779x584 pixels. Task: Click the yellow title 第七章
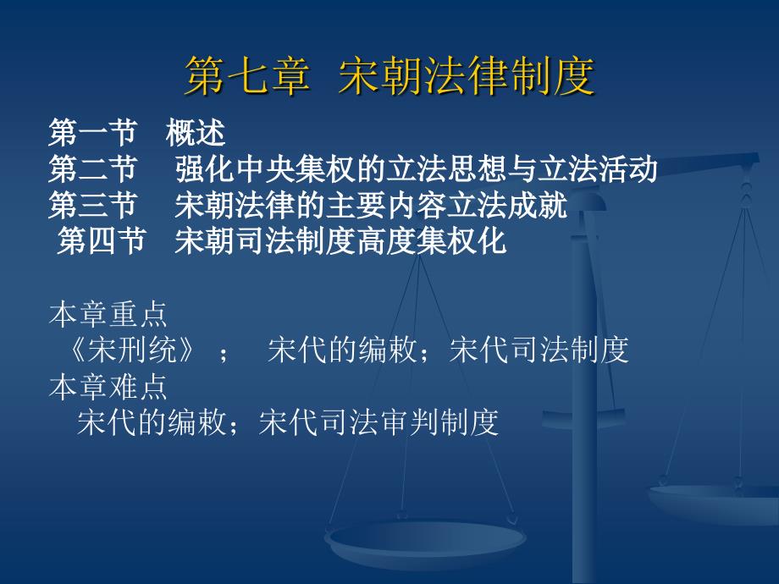click(247, 76)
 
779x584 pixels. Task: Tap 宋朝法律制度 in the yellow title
click(467, 76)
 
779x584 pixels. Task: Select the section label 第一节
click(92, 133)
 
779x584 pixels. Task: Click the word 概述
click(196, 133)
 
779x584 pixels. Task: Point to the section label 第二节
click(92, 168)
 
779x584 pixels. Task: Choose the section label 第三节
click(92, 205)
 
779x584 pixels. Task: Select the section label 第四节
click(102, 241)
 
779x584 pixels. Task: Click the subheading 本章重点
click(108, 314)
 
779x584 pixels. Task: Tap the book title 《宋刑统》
click(131, 350)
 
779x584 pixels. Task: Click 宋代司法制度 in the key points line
click(539, 350)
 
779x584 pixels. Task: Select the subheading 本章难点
click(108, 387)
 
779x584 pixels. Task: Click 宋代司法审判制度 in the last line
click(378, 422)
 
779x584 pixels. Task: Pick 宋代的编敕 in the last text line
click(152, 422)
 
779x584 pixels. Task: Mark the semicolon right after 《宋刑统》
click(224, 354)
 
